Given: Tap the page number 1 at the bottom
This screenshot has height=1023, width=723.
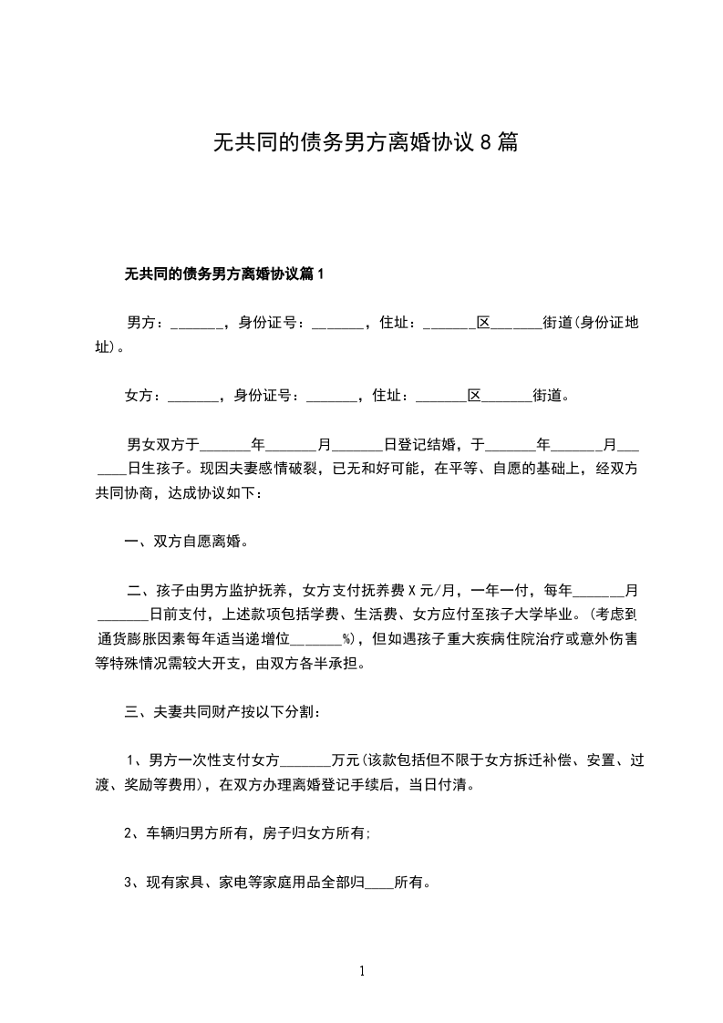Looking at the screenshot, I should [362, 971].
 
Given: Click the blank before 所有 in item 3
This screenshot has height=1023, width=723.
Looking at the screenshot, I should [379, 882].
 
